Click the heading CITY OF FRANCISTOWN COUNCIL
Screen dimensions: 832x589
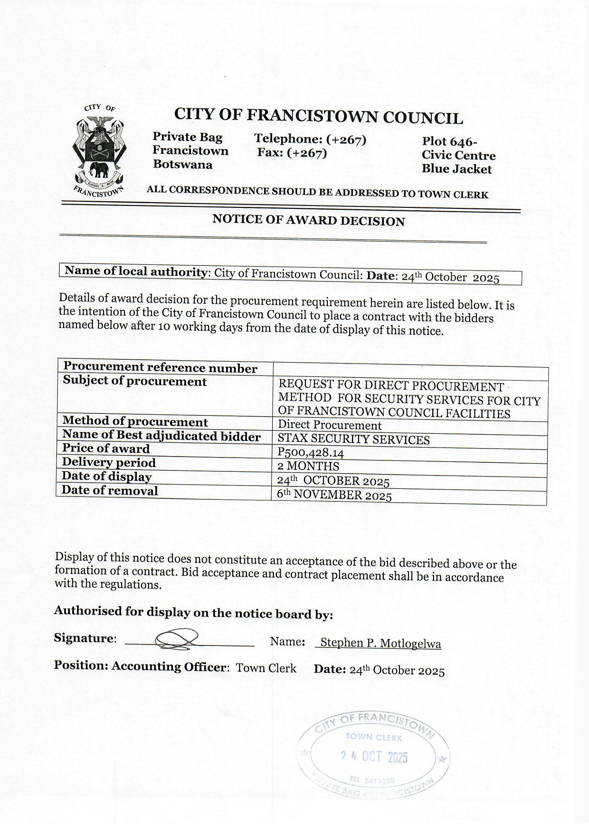[318, 116]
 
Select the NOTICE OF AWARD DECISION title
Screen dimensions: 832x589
[308, 220]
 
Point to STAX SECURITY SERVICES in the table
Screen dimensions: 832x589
[353, 439]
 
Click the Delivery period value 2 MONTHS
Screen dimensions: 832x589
[308, 467]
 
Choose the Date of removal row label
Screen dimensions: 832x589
[110, 491]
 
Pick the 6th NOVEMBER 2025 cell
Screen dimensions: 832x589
[334, 495]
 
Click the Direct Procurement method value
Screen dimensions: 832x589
[330, 425]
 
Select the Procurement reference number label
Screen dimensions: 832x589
[160, 367]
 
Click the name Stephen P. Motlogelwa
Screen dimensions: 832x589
[380, 643]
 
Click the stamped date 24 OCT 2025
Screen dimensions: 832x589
[375, 757]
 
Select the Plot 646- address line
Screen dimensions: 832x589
[449, 141]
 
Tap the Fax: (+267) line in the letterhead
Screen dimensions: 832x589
[292, 153]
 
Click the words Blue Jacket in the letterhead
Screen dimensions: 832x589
[456, 169]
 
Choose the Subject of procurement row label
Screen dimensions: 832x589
[135, 382]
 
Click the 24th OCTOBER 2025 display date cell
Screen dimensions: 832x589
[333, 481]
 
